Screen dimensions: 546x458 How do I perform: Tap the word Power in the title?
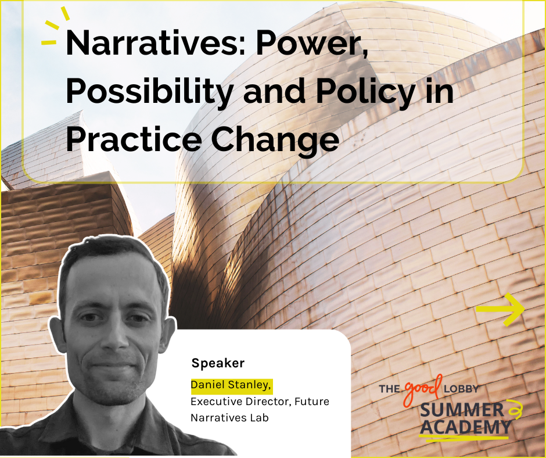[x=311, y=43]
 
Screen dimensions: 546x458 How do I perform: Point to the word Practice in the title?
[x=134, y=139]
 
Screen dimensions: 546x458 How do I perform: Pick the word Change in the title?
[x=275, y=140]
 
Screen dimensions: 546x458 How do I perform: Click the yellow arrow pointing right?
[x=500, y=310]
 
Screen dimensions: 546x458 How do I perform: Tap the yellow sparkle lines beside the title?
[x=55, y=27]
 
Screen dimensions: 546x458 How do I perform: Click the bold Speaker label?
[x=218, y=363]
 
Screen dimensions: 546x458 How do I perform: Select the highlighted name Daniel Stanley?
[x=232, y=385]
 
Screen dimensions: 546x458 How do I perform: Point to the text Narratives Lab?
[x=229, y=417]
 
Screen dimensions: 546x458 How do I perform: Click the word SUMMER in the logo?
[x=462, y=410]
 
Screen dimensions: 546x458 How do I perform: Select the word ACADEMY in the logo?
[x=465, y=427]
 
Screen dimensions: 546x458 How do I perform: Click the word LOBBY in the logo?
[x=461, y=388]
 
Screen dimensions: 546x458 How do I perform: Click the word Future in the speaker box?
[x=312, y=402]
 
